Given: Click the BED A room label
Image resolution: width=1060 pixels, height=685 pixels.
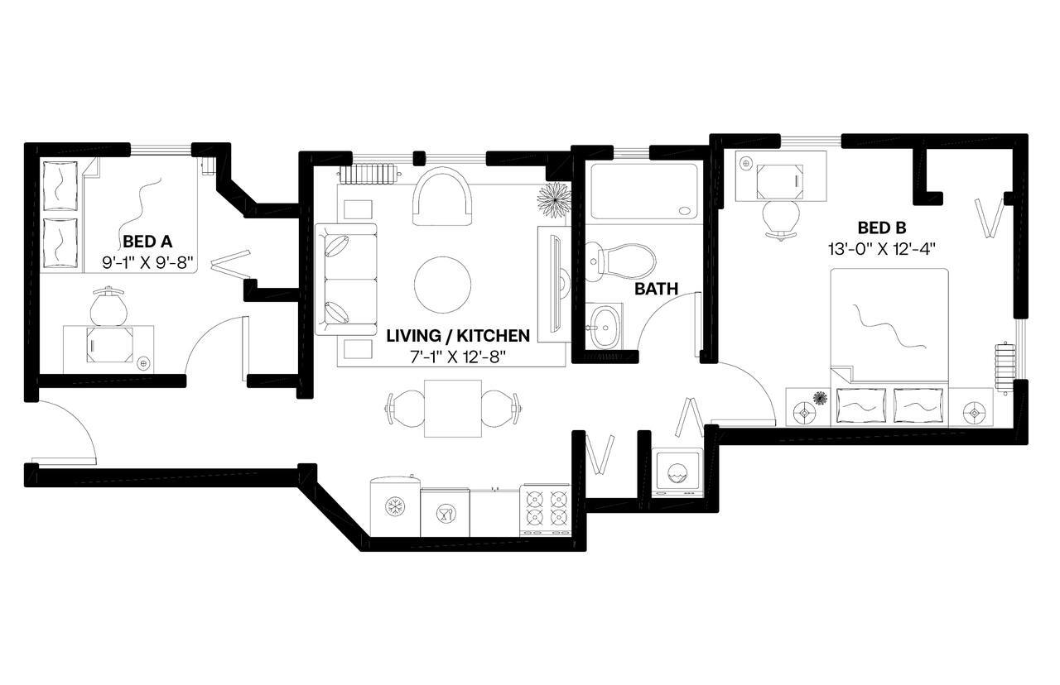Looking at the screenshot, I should pyautogui.click(x=147, y=242).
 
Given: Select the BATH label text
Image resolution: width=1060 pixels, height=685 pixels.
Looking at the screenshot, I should pyautogui.click(x=657, y=289).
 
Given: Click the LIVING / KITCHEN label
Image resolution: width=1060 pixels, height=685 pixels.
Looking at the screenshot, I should pyautogui.click(x=458, y=336).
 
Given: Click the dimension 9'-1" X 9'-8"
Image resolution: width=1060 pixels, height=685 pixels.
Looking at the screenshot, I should pyautogui.click(x=147, y=262).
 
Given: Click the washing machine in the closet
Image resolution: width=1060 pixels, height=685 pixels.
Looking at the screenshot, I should pyautogui.click(x=678, y=474).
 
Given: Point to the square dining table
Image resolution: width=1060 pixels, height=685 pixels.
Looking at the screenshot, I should pyautogui.click(x=453, y=408).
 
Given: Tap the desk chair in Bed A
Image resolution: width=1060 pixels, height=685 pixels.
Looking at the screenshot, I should pyautogui.click(x=108, y=307).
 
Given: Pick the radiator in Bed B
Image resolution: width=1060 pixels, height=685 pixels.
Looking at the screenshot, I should pyautogui.click(x=1004, y=364).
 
